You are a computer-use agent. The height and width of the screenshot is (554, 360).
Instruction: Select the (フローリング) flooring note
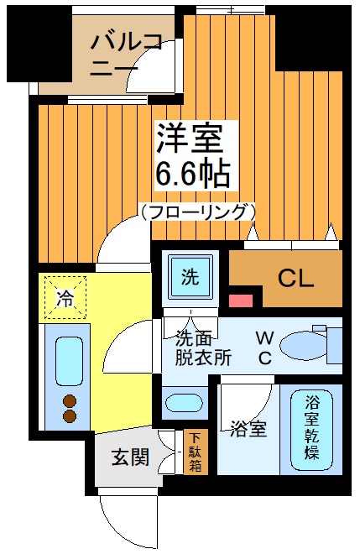[197, 212]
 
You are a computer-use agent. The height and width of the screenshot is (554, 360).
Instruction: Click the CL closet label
[296, 277]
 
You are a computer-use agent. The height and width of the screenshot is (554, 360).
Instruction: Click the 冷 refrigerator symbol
[64, 296]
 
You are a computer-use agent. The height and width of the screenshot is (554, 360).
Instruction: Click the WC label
[263, 348]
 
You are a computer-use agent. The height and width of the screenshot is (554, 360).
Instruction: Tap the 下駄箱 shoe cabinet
[195, 452]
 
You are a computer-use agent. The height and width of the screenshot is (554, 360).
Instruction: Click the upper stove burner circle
[69, 400]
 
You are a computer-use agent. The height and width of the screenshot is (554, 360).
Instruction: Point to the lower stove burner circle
[69, 415]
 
